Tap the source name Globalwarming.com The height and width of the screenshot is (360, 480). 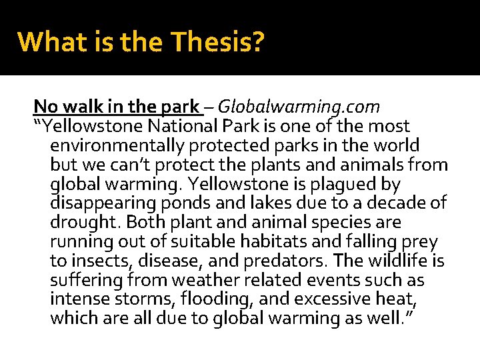299,106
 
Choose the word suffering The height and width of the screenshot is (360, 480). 83,280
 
